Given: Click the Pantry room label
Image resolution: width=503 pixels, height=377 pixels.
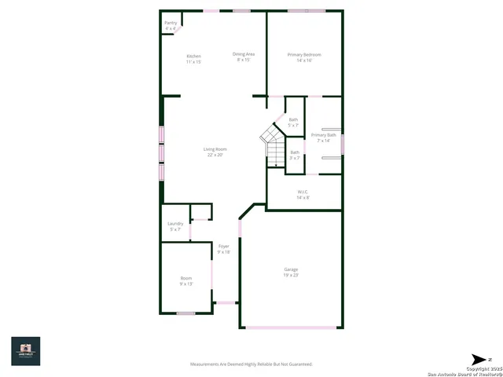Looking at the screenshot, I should (x=171, y=23).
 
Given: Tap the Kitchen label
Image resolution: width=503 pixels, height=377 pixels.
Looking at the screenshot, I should (x=193, y=57).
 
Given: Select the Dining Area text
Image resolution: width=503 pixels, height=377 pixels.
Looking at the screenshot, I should (x=244, y=54).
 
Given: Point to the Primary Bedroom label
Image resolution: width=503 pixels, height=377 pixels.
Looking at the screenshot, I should (x=304, y=54).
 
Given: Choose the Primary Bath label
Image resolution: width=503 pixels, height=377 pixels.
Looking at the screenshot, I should (x=323, y=135).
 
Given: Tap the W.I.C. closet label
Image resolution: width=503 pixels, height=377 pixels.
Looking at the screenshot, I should (x=303, y=192).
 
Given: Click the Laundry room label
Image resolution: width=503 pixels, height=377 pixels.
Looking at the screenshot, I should (x=175, y=224).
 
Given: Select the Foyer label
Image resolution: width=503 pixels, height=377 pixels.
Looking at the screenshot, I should (x=224, y=247).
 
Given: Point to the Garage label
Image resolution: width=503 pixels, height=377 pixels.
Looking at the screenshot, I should (x=291, y=269).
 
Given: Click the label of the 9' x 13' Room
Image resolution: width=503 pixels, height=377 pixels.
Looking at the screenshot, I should (x=186, y=278).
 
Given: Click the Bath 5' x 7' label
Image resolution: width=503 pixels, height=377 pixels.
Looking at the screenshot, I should (x=293, y=119).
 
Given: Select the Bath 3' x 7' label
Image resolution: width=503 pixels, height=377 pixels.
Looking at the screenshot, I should (x=294, y=152).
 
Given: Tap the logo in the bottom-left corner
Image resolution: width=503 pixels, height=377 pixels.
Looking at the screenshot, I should (x=25, y=350).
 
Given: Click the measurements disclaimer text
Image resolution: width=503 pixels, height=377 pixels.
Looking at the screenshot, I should (x=251, y=364).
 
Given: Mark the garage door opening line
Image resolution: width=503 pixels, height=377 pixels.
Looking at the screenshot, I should (x=291, y=327).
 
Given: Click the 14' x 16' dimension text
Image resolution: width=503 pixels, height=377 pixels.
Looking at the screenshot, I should (x=304, y=60).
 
